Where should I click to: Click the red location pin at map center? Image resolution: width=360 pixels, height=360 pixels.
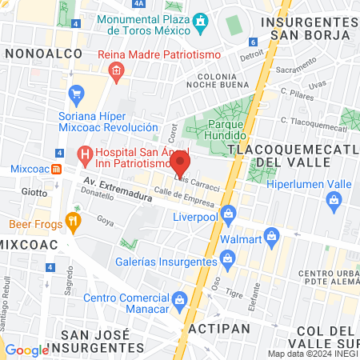point(180,164)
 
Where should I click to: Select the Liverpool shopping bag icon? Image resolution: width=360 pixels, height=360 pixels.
point(228,213)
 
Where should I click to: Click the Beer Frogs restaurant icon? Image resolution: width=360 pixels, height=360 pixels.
point(74,222)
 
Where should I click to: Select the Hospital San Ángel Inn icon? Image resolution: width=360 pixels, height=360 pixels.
point(83,152)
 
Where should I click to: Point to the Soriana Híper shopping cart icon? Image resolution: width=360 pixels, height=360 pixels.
point(77,94)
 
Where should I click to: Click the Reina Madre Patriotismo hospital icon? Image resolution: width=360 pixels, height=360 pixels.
point(117,71)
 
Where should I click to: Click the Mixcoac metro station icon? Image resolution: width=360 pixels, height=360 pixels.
point(56,170)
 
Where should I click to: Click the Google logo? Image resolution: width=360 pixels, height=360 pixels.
point(26,350)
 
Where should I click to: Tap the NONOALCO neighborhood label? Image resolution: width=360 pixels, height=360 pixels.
point(38,52)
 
